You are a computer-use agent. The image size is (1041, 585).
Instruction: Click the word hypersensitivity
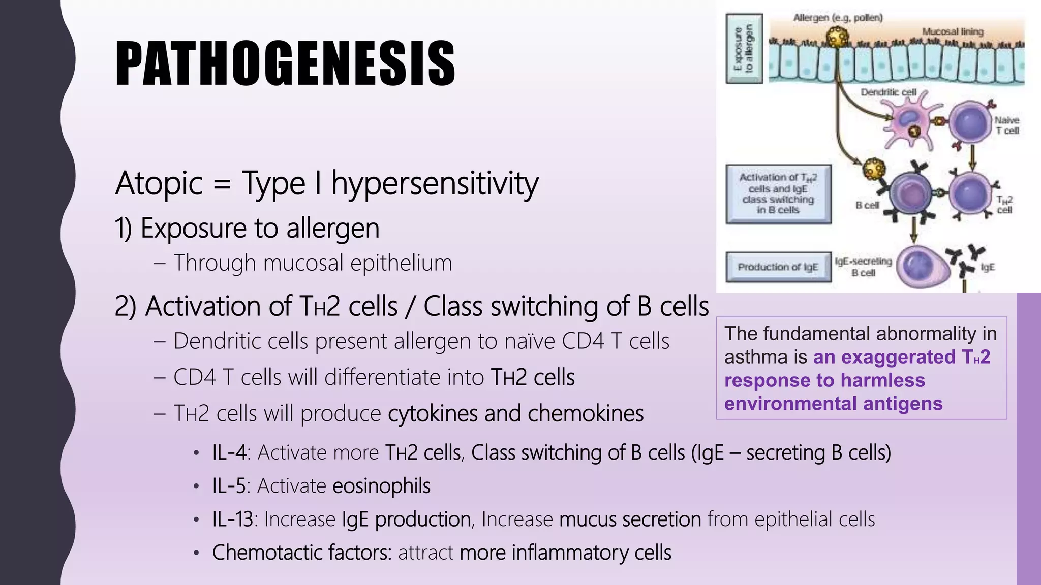pyautogui.click(x=435, y=183)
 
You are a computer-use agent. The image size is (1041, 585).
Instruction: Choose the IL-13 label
pyautogui.click(x=232, y=519)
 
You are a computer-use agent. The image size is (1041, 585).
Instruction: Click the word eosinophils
pyautogui.click(x=381, y=486)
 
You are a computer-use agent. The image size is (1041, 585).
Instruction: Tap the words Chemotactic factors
pyautogui.click(x=301, y=552)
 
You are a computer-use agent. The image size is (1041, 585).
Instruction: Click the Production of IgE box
pyautogui.click(x=778, y=267)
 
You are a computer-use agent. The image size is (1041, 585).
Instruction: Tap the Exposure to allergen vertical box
pyautogui.click(x=744, y=49)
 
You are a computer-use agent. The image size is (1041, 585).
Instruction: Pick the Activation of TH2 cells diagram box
pyautogui.click(x=778, y=193)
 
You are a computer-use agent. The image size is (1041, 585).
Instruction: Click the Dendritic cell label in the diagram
pyautogui.click(x=888, y=92)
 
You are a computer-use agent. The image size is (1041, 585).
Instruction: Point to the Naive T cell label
pyautogui.click(x=1006, y=125)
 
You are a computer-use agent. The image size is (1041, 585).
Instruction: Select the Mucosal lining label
pyautogui.click(x=953, y=31)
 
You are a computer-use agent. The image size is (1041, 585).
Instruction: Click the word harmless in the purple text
pyautogui.click(x=882, y=380)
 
